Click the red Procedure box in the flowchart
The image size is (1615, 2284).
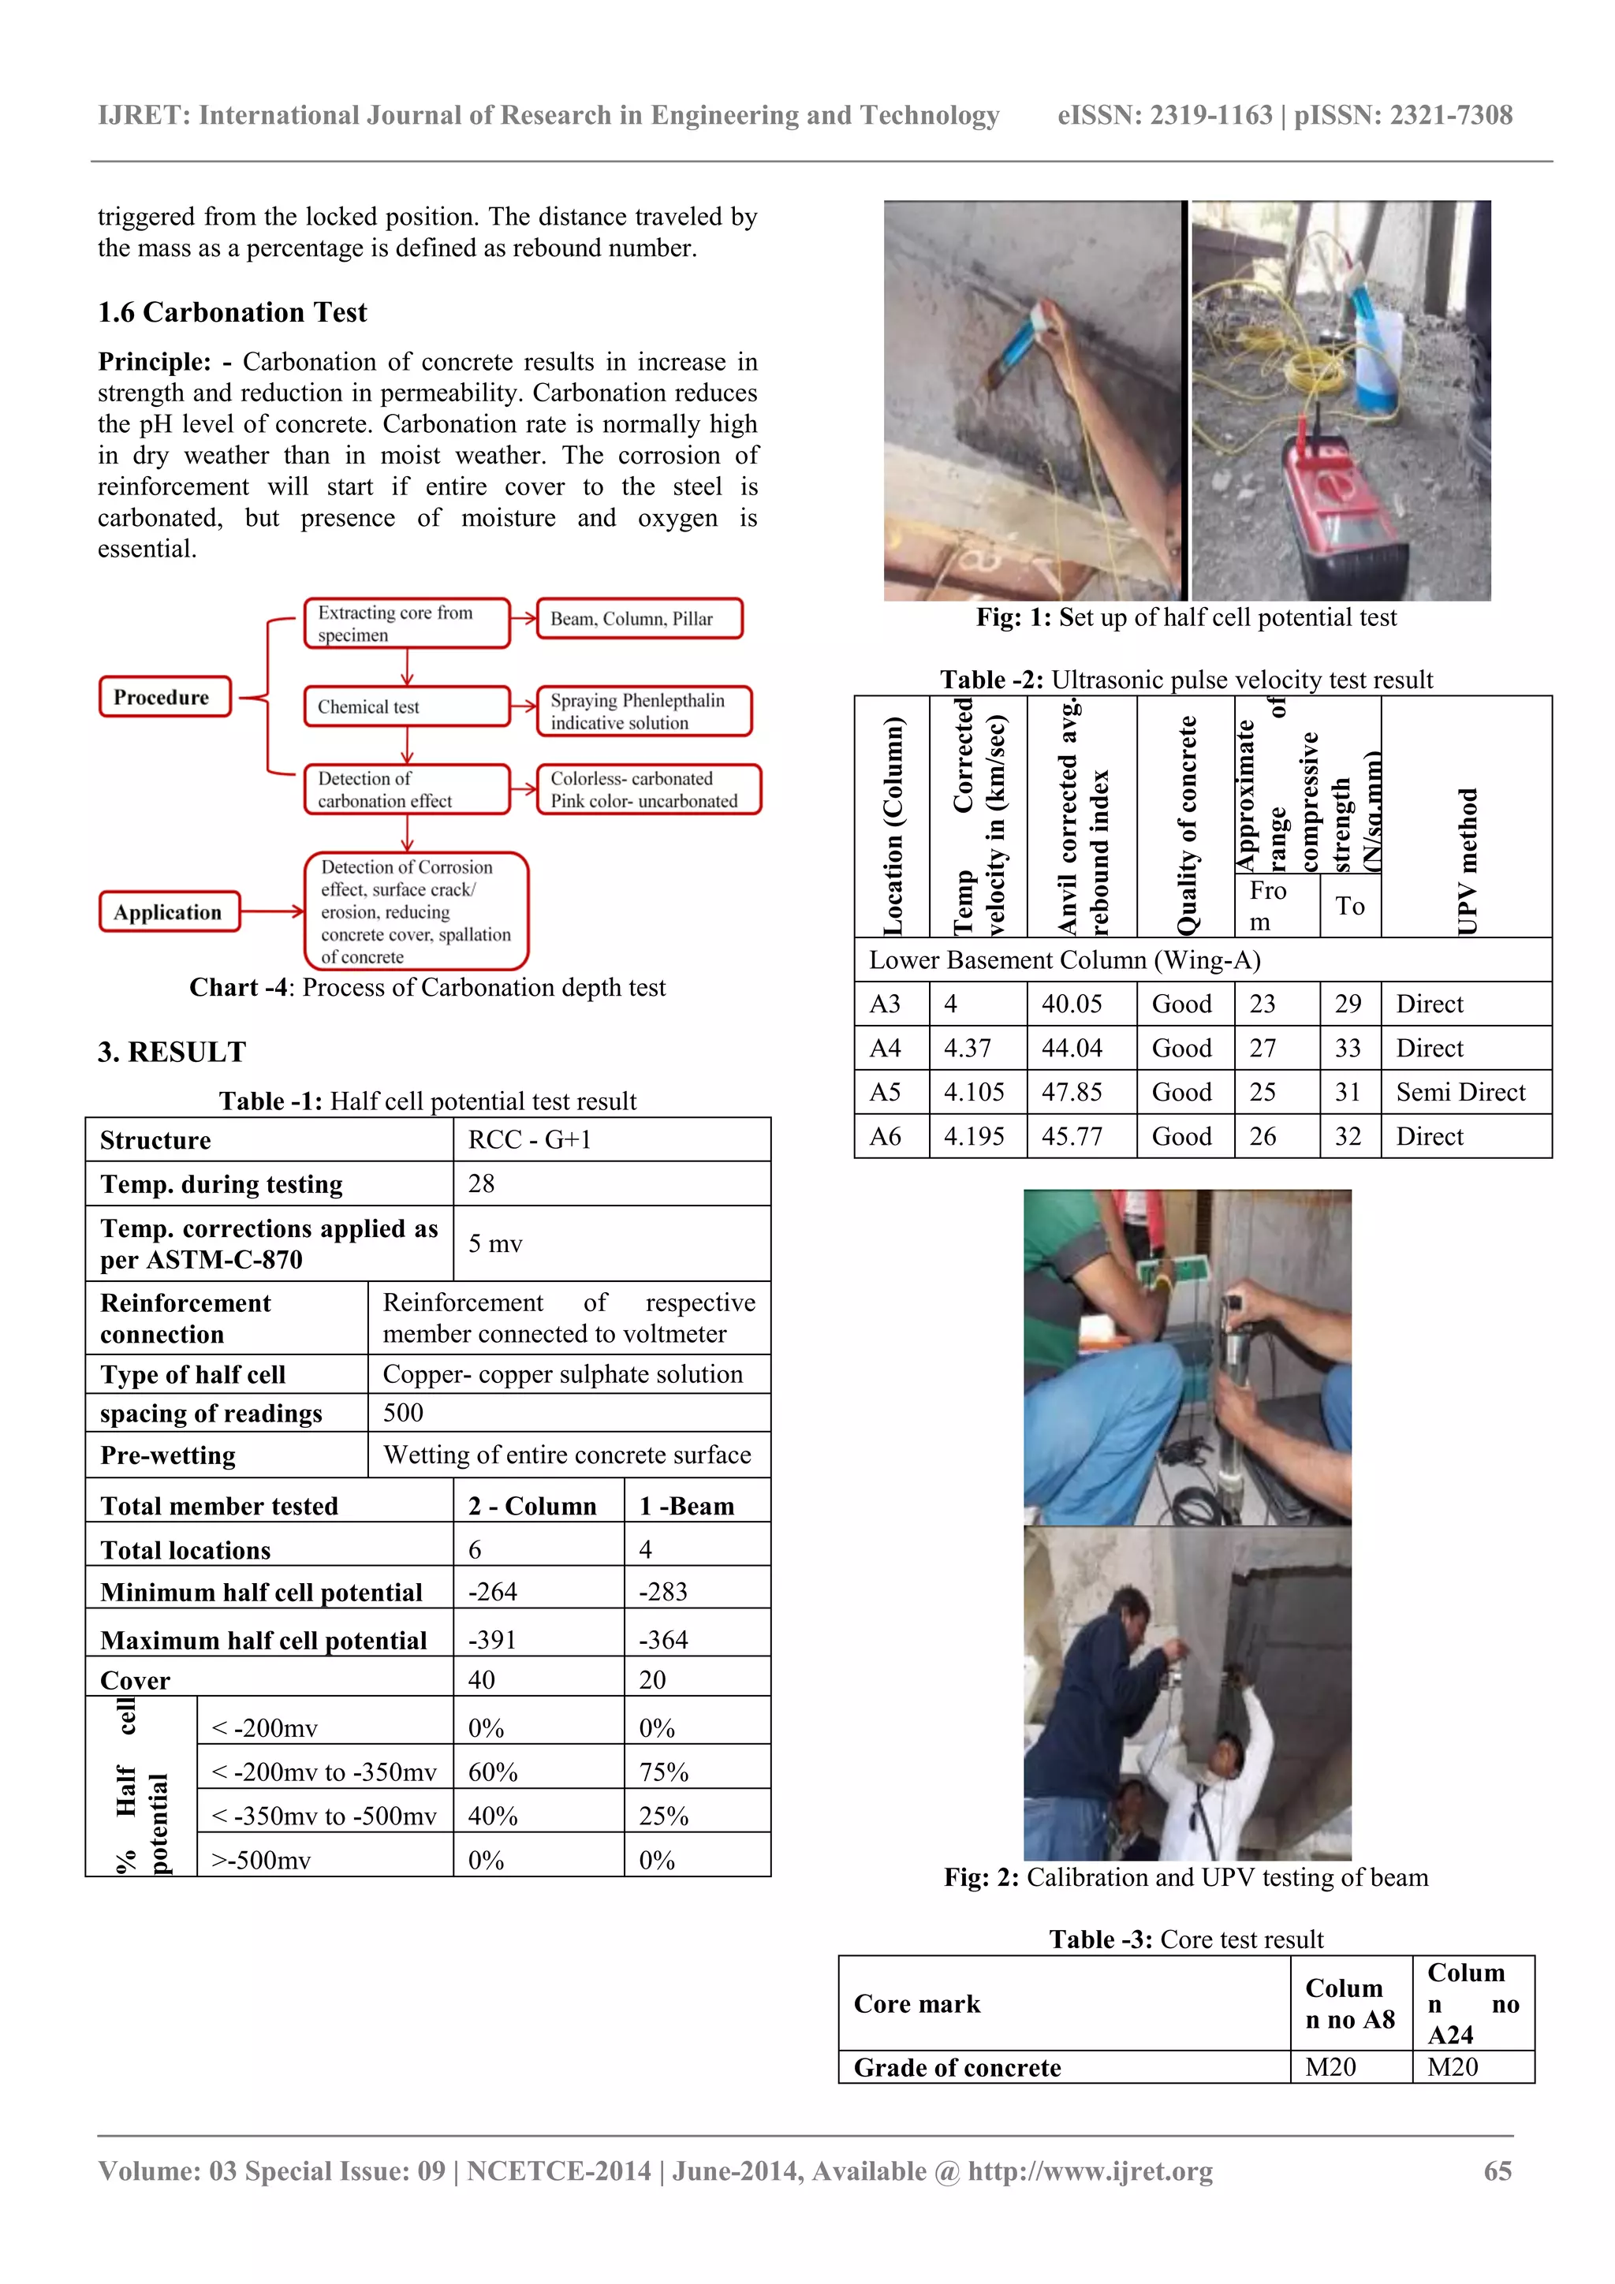pos(164,696)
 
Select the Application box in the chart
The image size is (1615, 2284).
pos(170,911)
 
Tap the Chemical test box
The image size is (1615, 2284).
pos(406,706)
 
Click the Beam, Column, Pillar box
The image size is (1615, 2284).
pos(639,618)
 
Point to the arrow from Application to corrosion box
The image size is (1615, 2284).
pos(271,911)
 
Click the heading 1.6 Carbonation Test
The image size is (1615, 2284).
pos(232,312)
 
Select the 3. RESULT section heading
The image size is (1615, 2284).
pos(172,1052)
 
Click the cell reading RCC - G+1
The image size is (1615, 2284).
pos(529,1139)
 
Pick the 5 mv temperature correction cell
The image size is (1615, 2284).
pos(495,1243)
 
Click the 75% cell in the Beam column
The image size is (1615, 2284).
pos(664,1772)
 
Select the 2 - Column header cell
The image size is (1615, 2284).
pos(532,1505)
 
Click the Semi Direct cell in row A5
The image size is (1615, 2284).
pos(1460,1092)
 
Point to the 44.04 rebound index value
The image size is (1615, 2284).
pos(1072,1048)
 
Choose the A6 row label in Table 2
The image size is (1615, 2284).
pos(886,1136)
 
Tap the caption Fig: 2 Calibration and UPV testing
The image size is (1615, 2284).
pos(1185,1877)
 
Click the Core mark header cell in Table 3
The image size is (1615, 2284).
pos(917,2003)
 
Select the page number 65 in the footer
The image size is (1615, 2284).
pos(1497,2170)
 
